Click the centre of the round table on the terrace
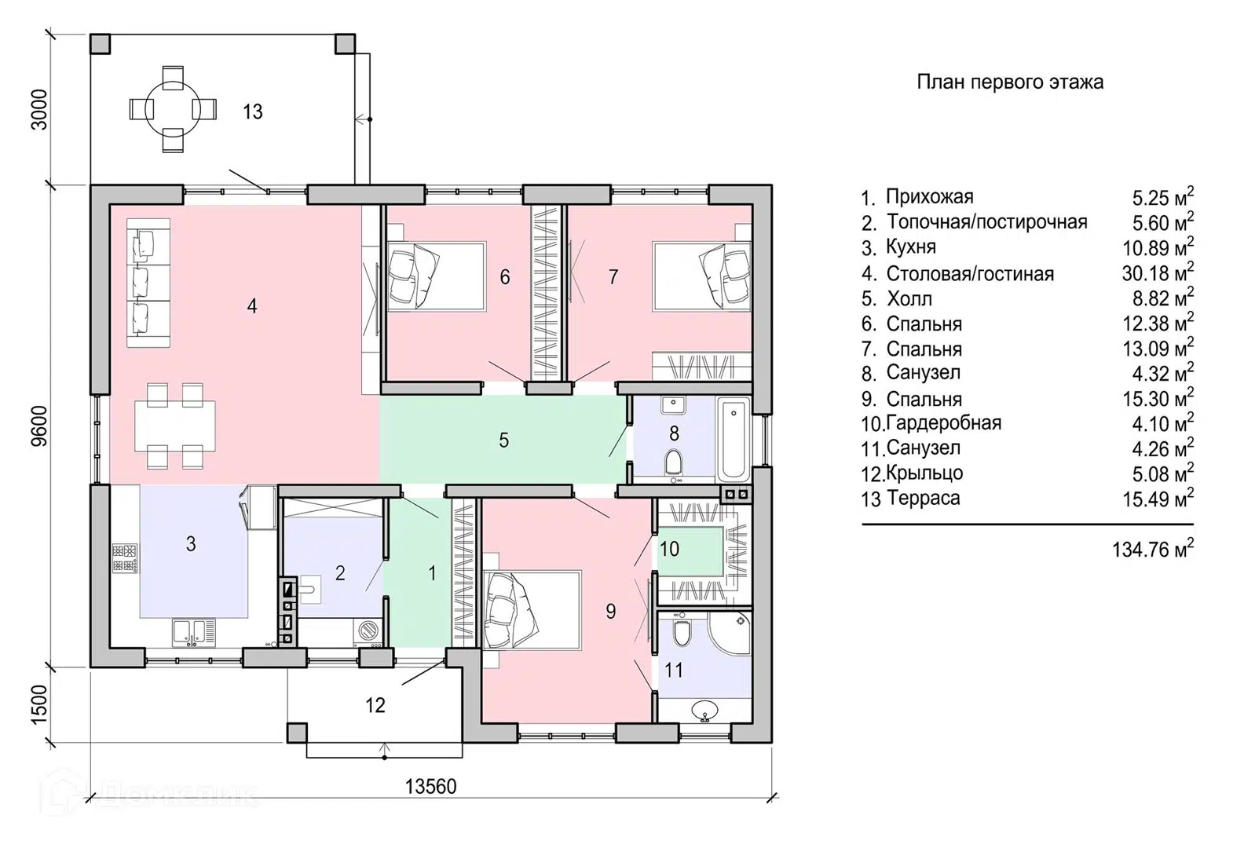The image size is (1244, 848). [x=173, y=109]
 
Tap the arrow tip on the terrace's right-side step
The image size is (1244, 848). [x=356, y=119]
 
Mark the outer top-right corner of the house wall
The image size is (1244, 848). [x=772, y=185]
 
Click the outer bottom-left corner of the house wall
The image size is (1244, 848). [x=90, y=667]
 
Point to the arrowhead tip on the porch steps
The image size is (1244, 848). [x=384, y=744]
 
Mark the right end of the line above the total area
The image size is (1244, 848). [x=1194, y=525]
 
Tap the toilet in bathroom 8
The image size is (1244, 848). [x=674, y=462]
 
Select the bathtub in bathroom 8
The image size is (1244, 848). [x=734, y=439]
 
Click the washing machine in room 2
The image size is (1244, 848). [x=368, y=631]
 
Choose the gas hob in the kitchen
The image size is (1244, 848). [x=125, y=558]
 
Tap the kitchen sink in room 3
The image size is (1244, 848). [x=193, y=633]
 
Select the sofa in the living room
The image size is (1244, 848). [x=148, y=283]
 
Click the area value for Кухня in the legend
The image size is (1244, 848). [x=1158, y=247]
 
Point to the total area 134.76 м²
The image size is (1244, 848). [x=1153, y=549]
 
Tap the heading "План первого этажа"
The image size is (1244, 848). [x=1010, y=82]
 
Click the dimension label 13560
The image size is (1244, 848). [x=431, y=786]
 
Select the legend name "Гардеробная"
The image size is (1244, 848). [x=943, y=422]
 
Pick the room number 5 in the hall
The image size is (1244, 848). [x=503, y=440]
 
